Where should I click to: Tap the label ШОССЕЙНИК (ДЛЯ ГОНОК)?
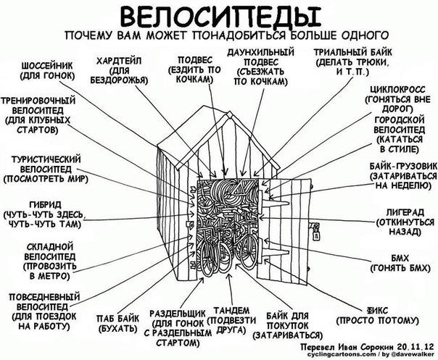(x=49, y=68)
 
